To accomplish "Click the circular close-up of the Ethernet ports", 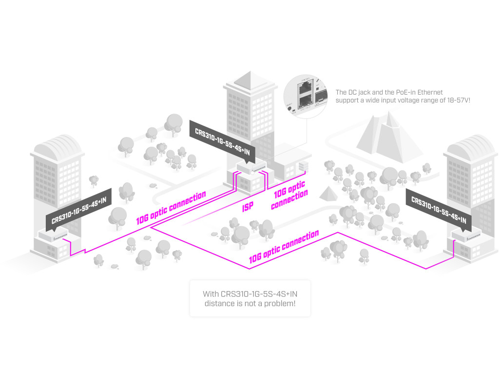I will (x=307, y=95).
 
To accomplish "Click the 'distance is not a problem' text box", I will (x=250, y=298).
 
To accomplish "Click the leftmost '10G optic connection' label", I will (x=171, y=208).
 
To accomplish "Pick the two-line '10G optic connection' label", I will (x=290, y=195).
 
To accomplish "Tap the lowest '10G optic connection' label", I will (x=284, y=247).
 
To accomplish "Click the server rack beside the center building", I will (x=303, y=167).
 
